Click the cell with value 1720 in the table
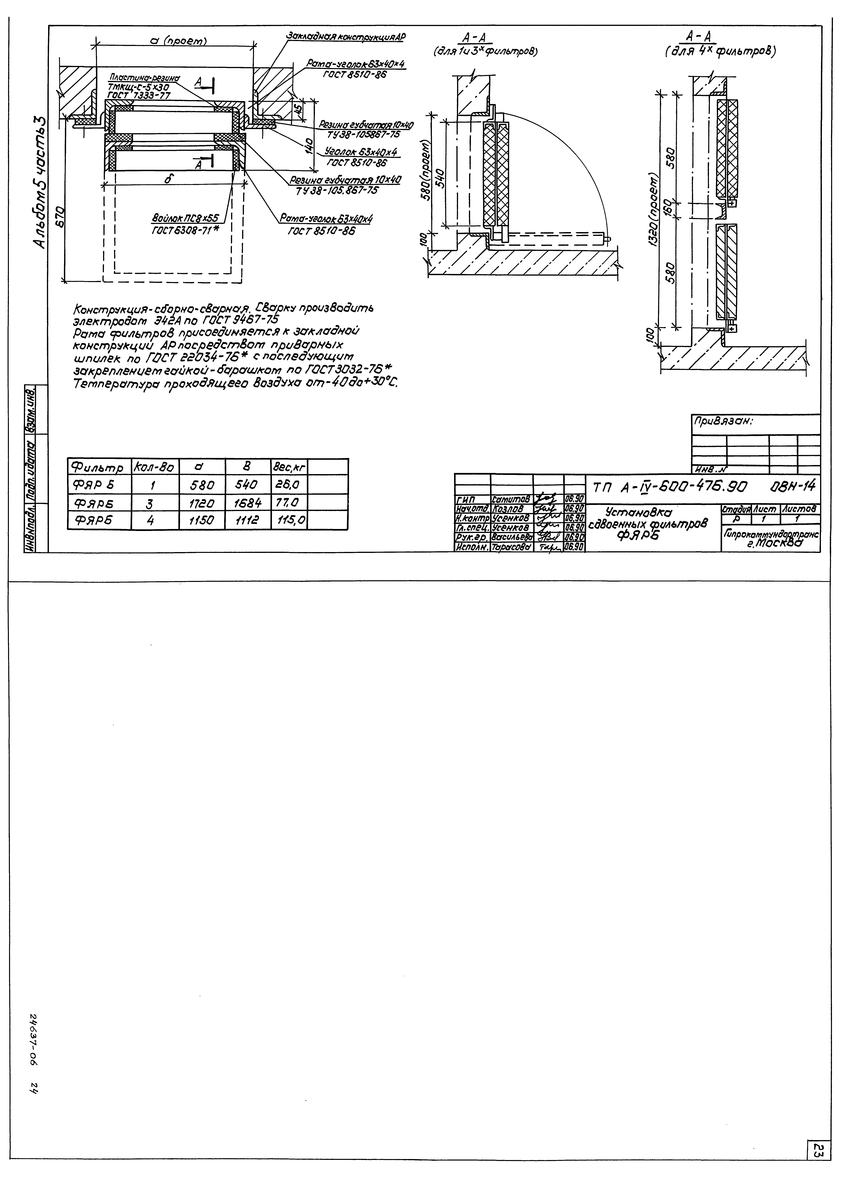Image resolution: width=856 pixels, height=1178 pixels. [202, 502]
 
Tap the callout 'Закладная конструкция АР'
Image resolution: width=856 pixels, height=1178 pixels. [345, 37]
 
